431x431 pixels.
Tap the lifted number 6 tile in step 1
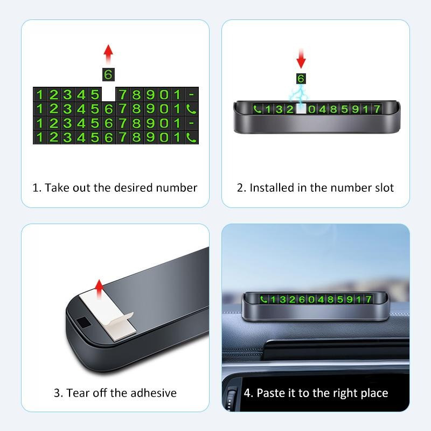pos(108,74)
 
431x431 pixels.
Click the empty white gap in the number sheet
pos(109,94)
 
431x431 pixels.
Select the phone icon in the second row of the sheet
pos(191,109)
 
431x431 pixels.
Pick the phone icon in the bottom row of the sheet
pos(191,137)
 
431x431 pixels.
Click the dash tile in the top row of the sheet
pos(191,95)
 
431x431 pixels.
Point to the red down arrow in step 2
pos(301,59)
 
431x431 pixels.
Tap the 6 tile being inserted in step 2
pos(301,79)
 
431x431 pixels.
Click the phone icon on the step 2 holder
pos(258,109)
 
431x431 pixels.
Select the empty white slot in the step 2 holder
pos(301,109)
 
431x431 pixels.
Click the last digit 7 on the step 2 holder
pos(377,109)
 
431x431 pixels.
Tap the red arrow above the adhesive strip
pos(99,289)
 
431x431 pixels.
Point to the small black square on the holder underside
pos(84,322)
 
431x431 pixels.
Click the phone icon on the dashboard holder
pos(263,299)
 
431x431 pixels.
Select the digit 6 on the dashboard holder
pos(302,299)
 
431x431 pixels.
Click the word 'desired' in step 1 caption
pos(133,187)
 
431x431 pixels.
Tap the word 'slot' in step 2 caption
pos(385,187)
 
